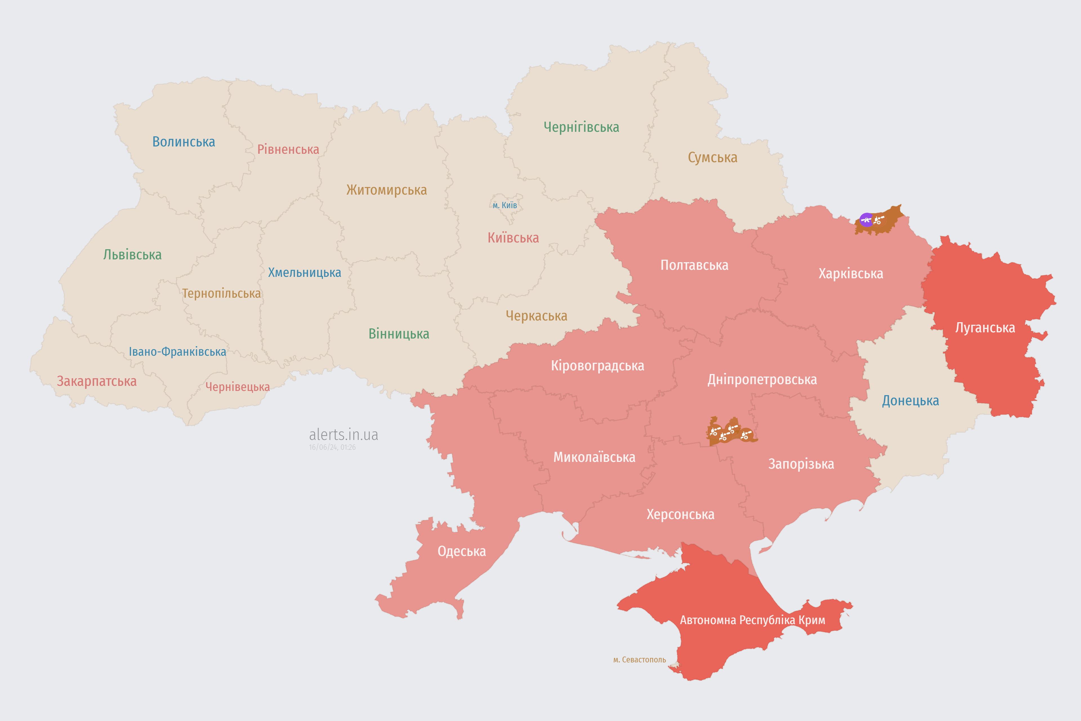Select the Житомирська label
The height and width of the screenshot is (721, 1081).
(x=387, y=190)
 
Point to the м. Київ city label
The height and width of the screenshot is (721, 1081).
(x=505, y=205)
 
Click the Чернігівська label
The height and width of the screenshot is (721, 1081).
(x=581, y=127)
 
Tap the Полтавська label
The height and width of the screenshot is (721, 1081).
(x=694, y=265)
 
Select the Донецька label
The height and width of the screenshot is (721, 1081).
(x=910, y=400)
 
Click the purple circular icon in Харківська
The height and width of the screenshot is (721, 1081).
(x=866, y=220)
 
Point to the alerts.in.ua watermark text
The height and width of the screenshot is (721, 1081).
(x=343, y=435)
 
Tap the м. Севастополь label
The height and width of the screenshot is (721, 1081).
(x=639, y=660)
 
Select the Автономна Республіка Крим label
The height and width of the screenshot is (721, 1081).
(x=752, y=620)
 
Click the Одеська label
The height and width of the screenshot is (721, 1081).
(x=461, y=551)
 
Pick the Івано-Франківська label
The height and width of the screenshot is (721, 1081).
(x=177, y=352)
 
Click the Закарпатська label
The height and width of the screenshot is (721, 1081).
(x=97, y=381)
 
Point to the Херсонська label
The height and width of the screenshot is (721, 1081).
(x=680, y=514)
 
